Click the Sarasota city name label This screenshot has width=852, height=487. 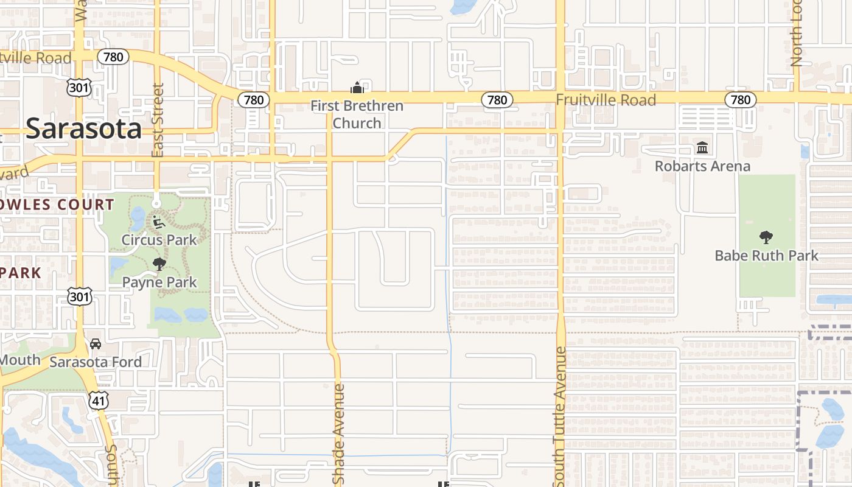[84, 128]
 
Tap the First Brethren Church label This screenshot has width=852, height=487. [357, 114]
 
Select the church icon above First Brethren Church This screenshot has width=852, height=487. [357, 88]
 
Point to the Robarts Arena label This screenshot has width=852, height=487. [702, 166]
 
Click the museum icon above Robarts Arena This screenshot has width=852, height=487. [702, 147]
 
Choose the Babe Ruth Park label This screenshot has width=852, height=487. [767, 255]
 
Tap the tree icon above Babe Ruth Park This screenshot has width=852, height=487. [766, 237]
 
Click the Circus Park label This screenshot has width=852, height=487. [159, 240]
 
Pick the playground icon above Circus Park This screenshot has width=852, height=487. [159, 222]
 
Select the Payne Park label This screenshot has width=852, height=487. [159, 282]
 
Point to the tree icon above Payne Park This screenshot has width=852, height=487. [159, 264]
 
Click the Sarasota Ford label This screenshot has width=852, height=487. [96, 362]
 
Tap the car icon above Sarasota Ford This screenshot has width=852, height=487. [96, 344]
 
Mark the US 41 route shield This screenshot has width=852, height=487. [98, 400]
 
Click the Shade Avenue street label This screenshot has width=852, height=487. [339, 433]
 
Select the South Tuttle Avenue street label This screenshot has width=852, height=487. [560, 417]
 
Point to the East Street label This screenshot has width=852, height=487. [158, 120]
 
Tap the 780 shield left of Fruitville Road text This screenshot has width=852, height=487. [497, 100]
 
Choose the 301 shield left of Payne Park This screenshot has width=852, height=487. [80, 297]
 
